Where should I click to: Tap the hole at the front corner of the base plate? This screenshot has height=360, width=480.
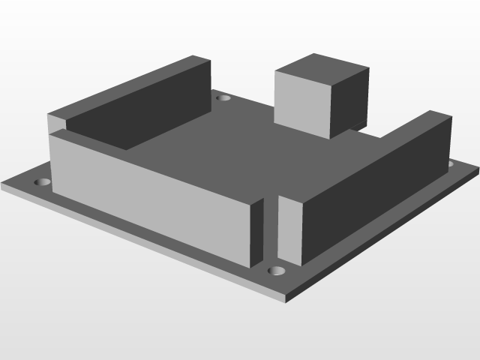(277, 270)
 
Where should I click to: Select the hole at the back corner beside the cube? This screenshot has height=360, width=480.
(223, 97)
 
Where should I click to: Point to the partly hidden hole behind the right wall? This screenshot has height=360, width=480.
(451, 163)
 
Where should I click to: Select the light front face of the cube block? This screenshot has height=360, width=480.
(302, 103)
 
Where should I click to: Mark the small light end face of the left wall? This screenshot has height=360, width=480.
(57, 122)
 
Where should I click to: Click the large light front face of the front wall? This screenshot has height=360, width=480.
(150, 195)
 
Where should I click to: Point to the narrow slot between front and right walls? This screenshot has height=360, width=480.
(271, 232)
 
